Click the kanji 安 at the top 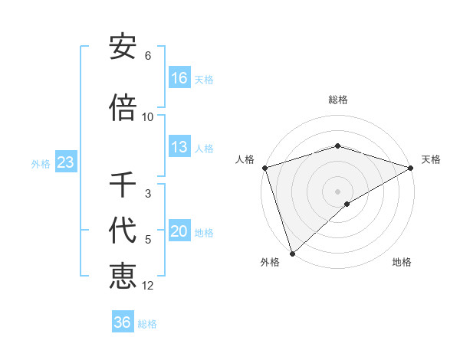click(x=123, y=47)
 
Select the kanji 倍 click(x=123, y=108)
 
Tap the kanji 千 click(x=123, y=185)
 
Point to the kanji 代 click(x=123, y=231)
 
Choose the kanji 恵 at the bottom click(x=123, y=276)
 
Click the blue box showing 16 click(x=179, y=78)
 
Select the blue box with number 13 click(x=179, y=147)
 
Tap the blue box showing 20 click(x=179, y=231)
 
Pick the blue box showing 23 click(x=65, y=162)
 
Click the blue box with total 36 click(x=123, y=322)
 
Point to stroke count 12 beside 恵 click(x=148, y=286)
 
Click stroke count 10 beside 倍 click(x=148, y=116)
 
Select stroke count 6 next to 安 click(x=148, y=56)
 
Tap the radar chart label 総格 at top click(x=337, y=100)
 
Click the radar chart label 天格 click(x=432, y=159)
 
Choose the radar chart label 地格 click(x=402, y=262)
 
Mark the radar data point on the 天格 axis click(x=410, y=167)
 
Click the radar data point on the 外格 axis click(x=292, y=253)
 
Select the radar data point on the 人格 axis click(x=264, y=167)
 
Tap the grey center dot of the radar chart click(x=337, y=191)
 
